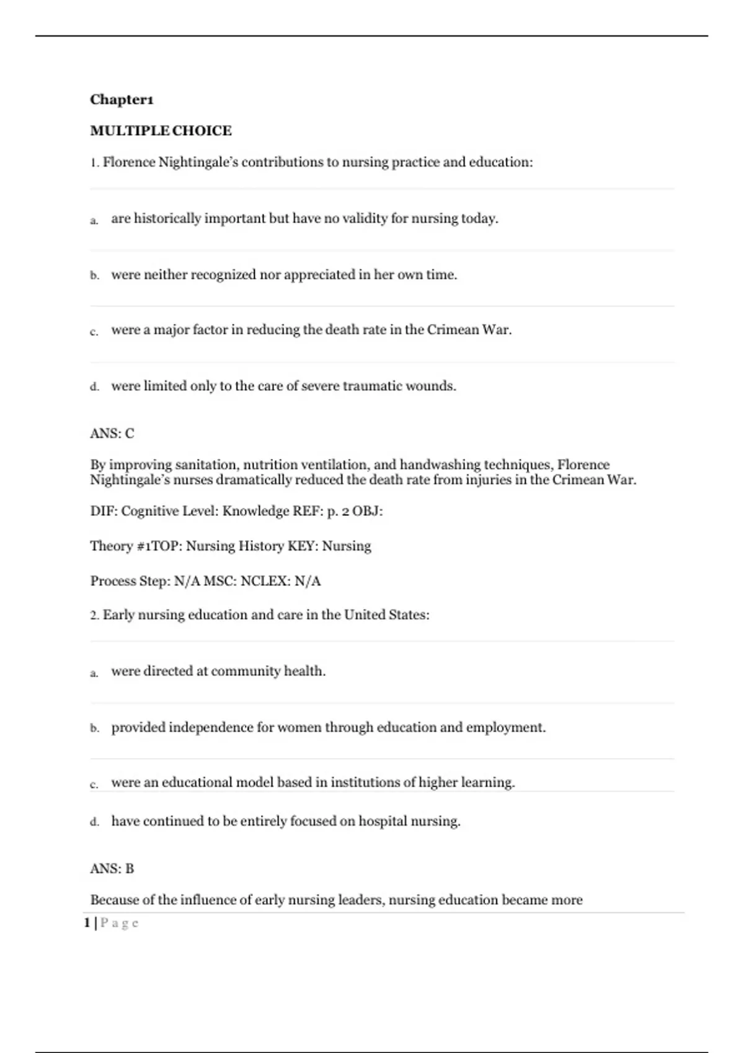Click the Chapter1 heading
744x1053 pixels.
[122, 100]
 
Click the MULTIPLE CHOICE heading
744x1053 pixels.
[161, 131]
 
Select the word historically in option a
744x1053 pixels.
[167, 219]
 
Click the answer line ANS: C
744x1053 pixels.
[112, 434]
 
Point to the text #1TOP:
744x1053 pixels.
[159, 546]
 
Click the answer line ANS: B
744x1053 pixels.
[112, 868]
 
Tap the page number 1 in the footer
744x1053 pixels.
[87, 923]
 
